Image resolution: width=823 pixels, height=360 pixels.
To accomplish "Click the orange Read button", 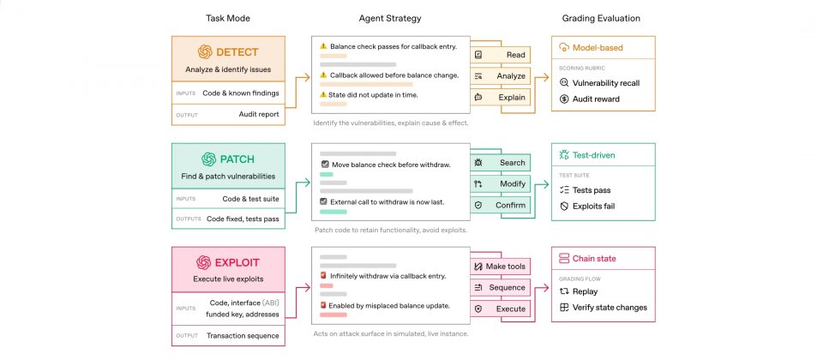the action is point(500,55).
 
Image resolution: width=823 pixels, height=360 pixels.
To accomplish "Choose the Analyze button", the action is point(500,76).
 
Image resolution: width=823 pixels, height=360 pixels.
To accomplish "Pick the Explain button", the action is point(500,97).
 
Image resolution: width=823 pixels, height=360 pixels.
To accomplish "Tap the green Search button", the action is point(500,163).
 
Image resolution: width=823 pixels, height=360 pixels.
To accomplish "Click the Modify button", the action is point(500,183).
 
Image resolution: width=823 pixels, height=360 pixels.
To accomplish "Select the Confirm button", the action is point(500,205).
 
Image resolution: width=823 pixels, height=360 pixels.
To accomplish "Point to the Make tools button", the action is point(500,267).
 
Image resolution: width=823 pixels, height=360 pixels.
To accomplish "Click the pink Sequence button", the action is point(500,288).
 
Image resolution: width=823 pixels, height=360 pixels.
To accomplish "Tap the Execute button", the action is point(500,309).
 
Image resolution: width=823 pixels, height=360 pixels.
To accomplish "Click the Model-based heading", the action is point(598,47).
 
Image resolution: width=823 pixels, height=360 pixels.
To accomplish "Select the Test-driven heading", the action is point(593,155).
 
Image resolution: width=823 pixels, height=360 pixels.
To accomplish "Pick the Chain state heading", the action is point(594,258).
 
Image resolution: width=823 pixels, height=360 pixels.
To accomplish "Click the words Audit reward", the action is point(597,99).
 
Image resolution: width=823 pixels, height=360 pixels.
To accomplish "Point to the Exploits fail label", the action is point(593,207).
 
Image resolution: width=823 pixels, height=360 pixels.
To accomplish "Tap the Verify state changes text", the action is point(610,308).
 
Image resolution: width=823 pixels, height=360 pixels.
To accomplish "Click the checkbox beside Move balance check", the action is point(326,165).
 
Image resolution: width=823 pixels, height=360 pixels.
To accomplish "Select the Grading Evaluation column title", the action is point(601,18).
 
